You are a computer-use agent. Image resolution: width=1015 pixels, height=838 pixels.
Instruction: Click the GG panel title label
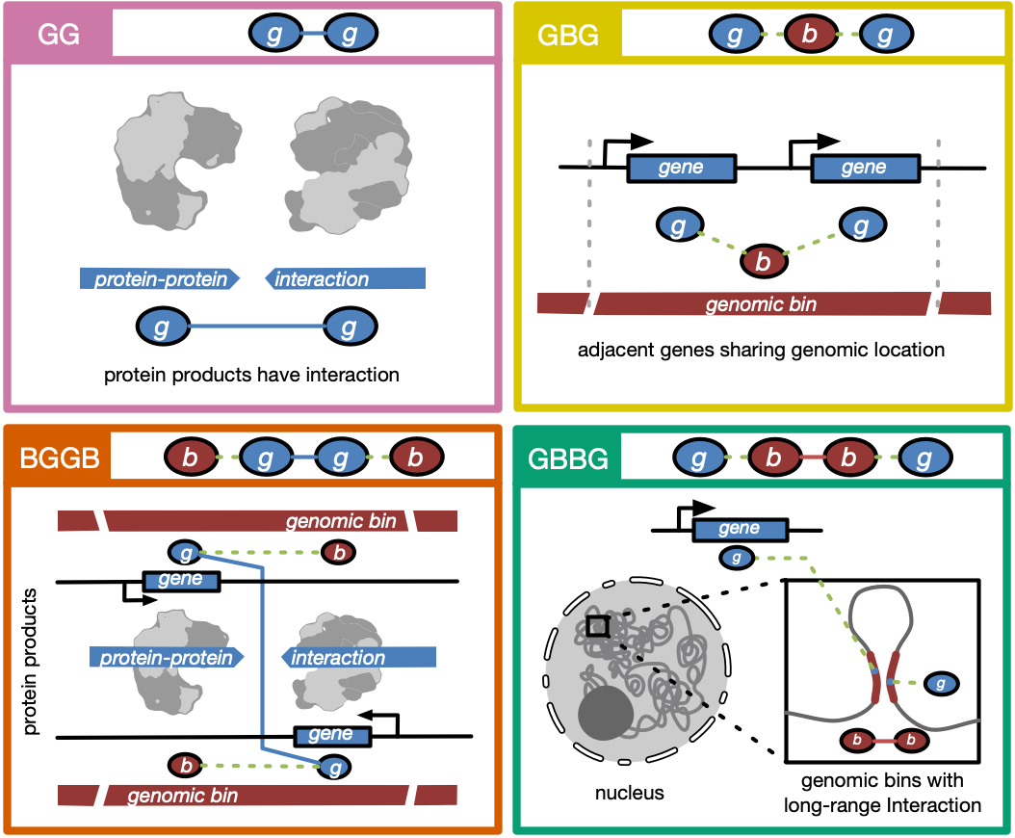58,36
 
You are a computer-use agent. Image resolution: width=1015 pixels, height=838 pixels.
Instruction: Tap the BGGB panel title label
58,458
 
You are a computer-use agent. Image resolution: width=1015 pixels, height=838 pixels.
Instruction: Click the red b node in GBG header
810,37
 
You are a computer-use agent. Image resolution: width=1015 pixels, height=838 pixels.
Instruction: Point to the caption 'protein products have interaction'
252,375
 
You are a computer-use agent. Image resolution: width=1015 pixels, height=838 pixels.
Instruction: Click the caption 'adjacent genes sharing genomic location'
761,350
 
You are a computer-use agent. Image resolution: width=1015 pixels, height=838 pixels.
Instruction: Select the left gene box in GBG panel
681,168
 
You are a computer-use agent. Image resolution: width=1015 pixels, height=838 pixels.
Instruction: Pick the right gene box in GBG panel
864,168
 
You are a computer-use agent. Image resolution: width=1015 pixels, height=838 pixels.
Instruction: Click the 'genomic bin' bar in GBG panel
762,304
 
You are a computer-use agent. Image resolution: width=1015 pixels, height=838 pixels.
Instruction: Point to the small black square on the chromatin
598,626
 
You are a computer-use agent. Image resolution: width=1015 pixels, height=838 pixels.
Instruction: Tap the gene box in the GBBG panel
740,529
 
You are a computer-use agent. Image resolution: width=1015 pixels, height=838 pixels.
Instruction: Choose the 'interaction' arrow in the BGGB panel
358,658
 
